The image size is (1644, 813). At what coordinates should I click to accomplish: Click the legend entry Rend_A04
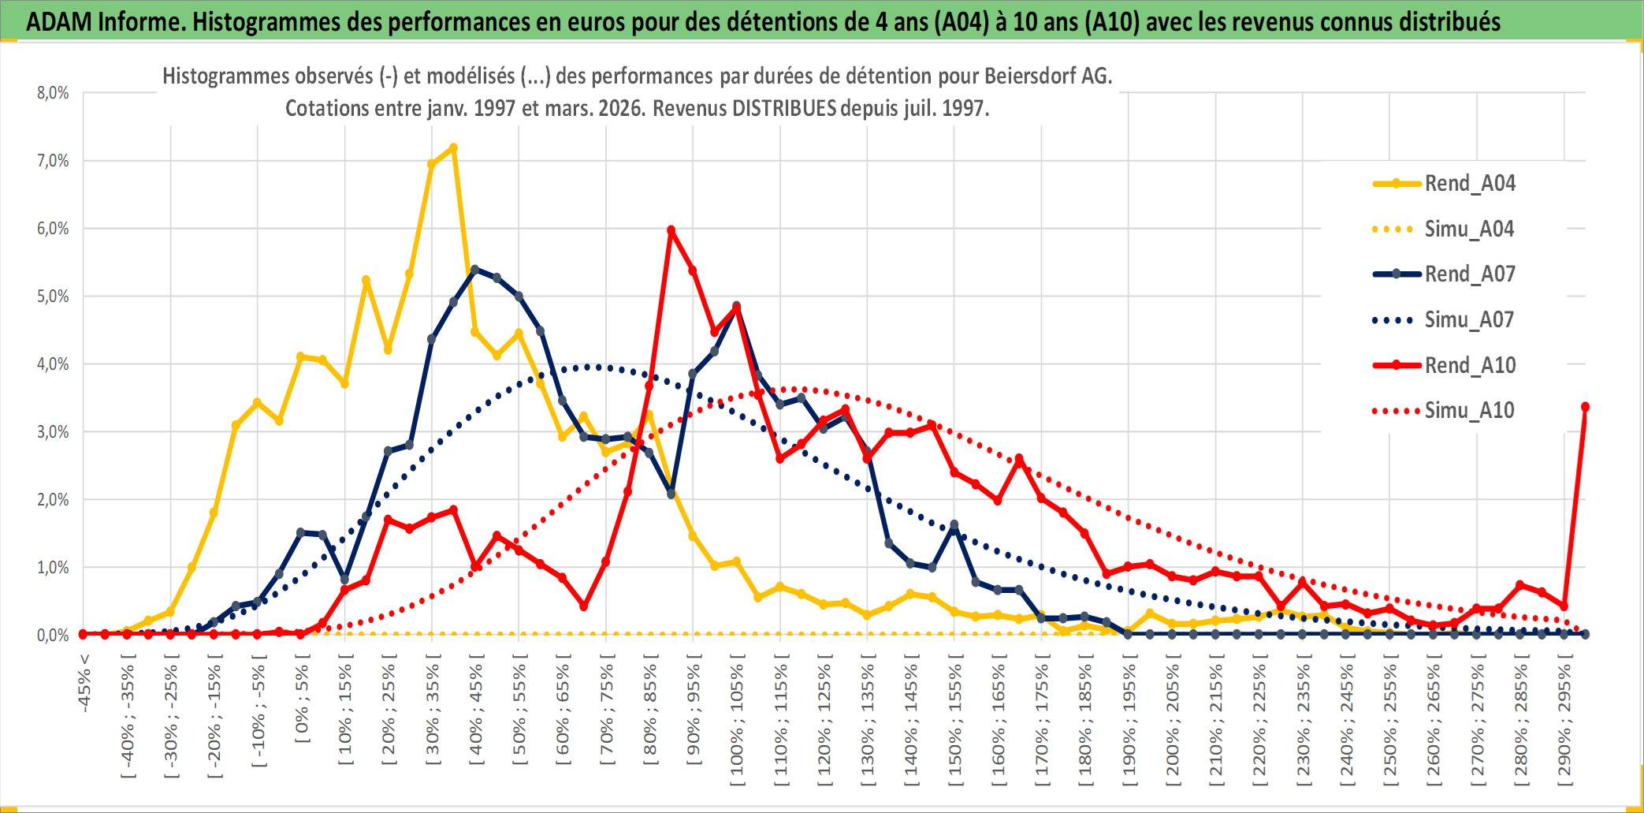point(1469,184)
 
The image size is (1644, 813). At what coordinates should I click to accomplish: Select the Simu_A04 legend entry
point(1469,229)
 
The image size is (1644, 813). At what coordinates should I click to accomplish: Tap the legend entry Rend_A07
point(1469,274)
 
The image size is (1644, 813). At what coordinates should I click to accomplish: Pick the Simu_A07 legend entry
point(1469,320)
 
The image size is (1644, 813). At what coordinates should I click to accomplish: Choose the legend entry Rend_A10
point(1469,366)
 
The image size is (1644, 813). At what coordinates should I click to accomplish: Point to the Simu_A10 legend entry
point(1469,411)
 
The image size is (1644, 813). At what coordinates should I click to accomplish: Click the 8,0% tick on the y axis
point(53,93)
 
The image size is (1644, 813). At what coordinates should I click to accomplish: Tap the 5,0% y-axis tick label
point(53,296)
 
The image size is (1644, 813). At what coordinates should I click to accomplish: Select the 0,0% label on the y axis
point(53,636)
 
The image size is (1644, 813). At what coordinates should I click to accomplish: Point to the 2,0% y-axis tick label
point(53,500)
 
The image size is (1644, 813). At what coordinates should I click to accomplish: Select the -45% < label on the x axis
point(84,683)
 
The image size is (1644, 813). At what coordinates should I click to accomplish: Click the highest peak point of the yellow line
point(453,147)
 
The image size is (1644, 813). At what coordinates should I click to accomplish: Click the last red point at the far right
point(1585,407)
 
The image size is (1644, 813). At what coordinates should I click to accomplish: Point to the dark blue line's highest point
point(474,270)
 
